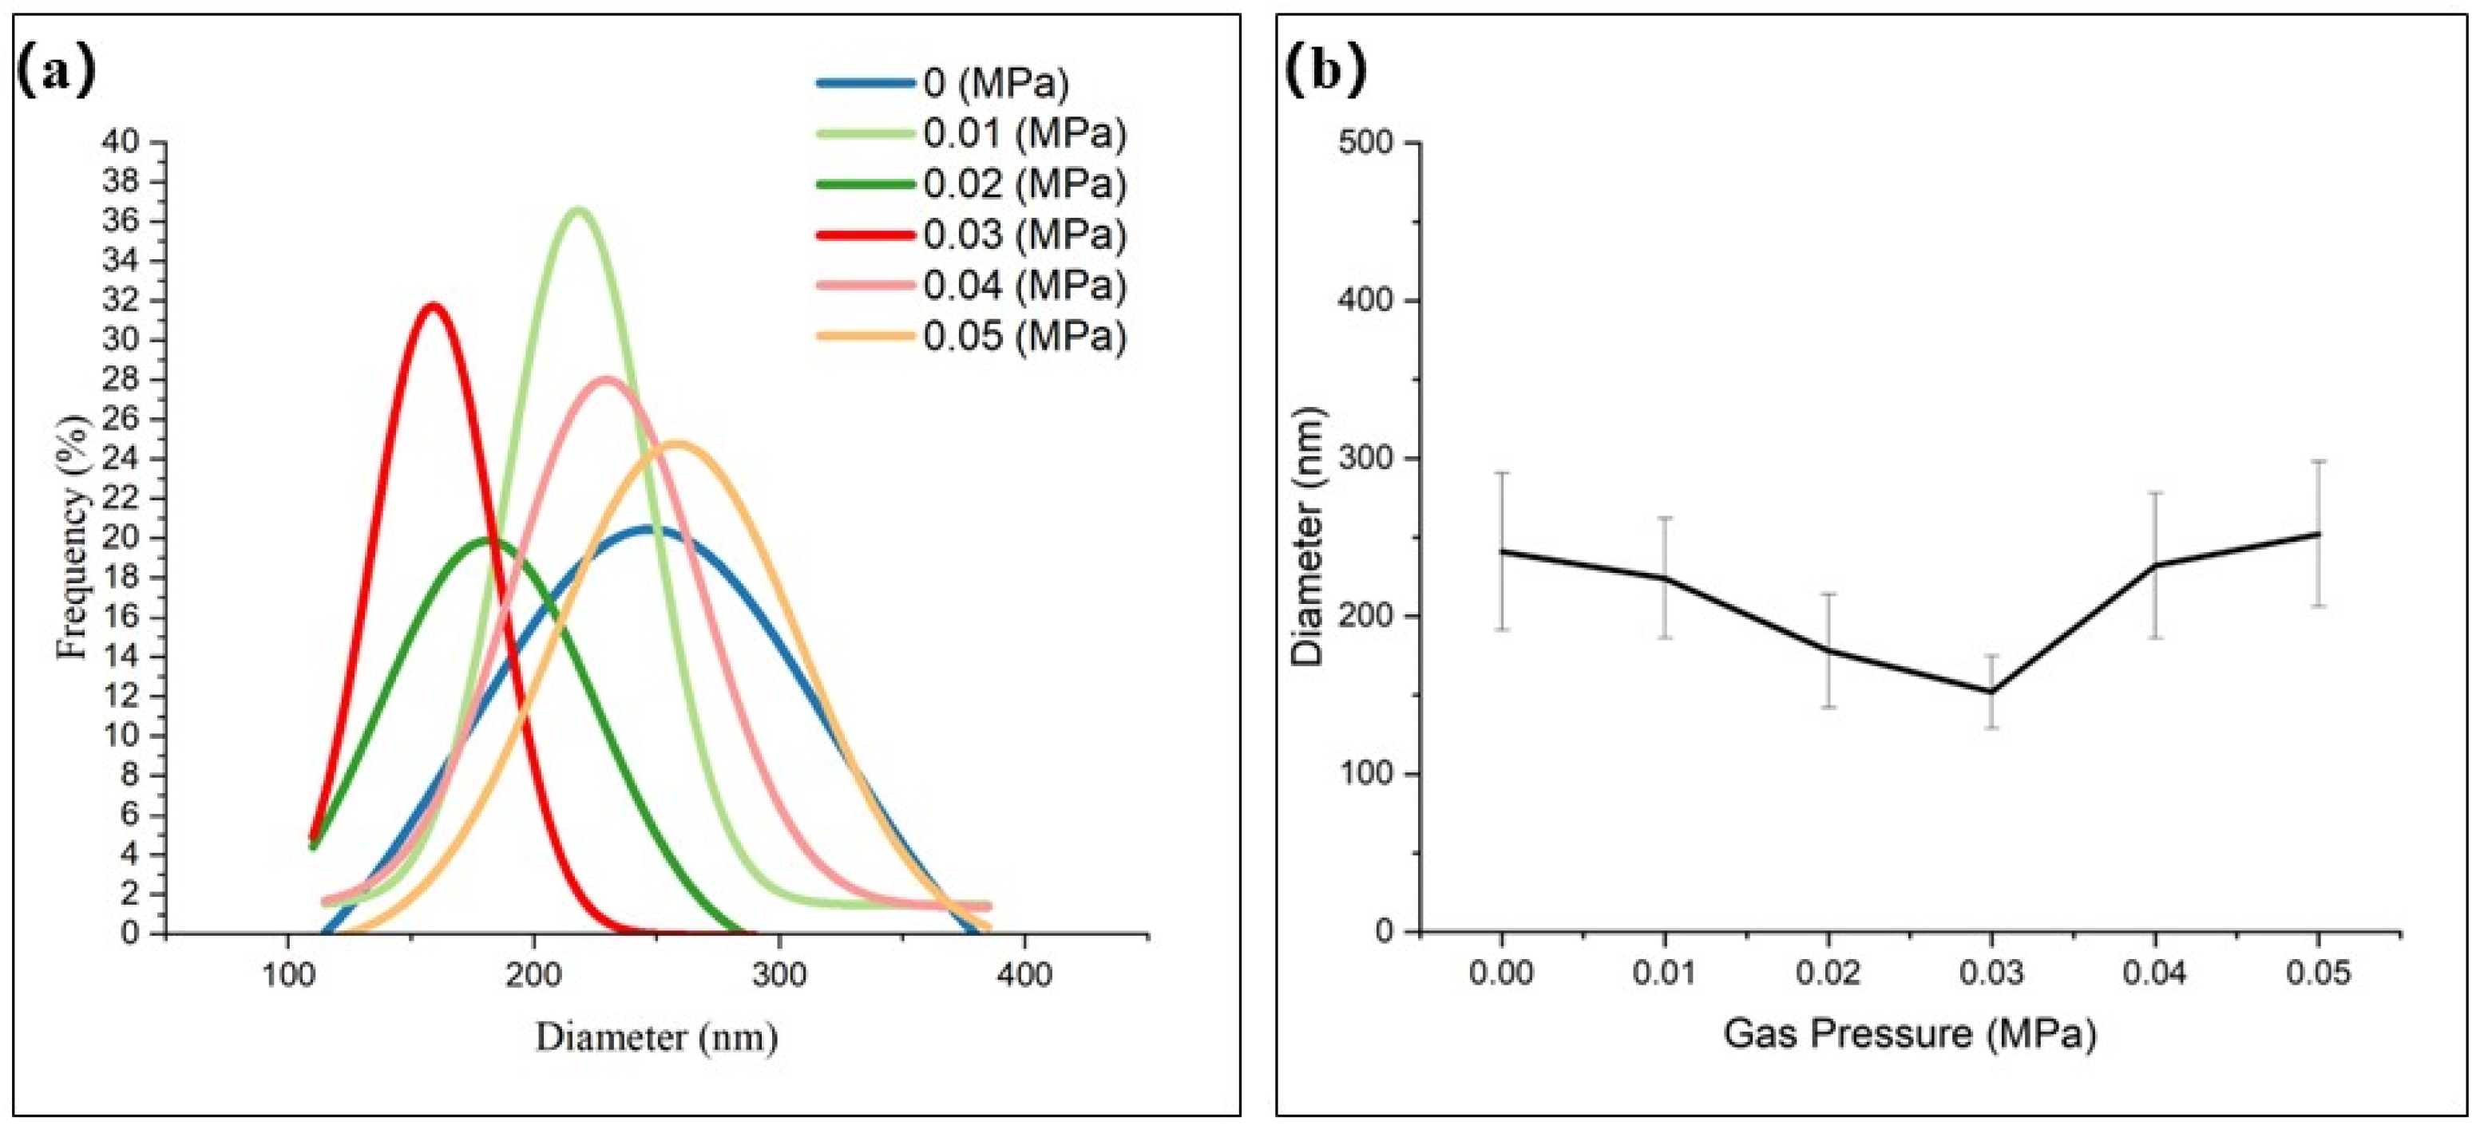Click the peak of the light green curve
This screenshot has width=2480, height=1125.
pos(577,209)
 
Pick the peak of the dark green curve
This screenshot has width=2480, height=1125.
pos(490,539)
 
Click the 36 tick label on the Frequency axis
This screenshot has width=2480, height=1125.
pos(121,221)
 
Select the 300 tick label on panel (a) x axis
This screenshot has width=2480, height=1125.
pos(778,975)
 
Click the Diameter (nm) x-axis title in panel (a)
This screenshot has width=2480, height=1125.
pos(656,1037)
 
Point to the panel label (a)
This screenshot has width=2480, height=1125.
pos(57,70)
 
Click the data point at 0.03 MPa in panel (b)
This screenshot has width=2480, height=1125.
pos(1991,692)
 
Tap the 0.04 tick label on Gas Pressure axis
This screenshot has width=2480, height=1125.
pos(2154,973)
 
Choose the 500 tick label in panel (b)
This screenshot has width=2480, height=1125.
pos(1365,144)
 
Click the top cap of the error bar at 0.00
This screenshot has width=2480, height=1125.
pos(1501,473)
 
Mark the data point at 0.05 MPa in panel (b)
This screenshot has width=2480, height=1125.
pos(2318,533)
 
